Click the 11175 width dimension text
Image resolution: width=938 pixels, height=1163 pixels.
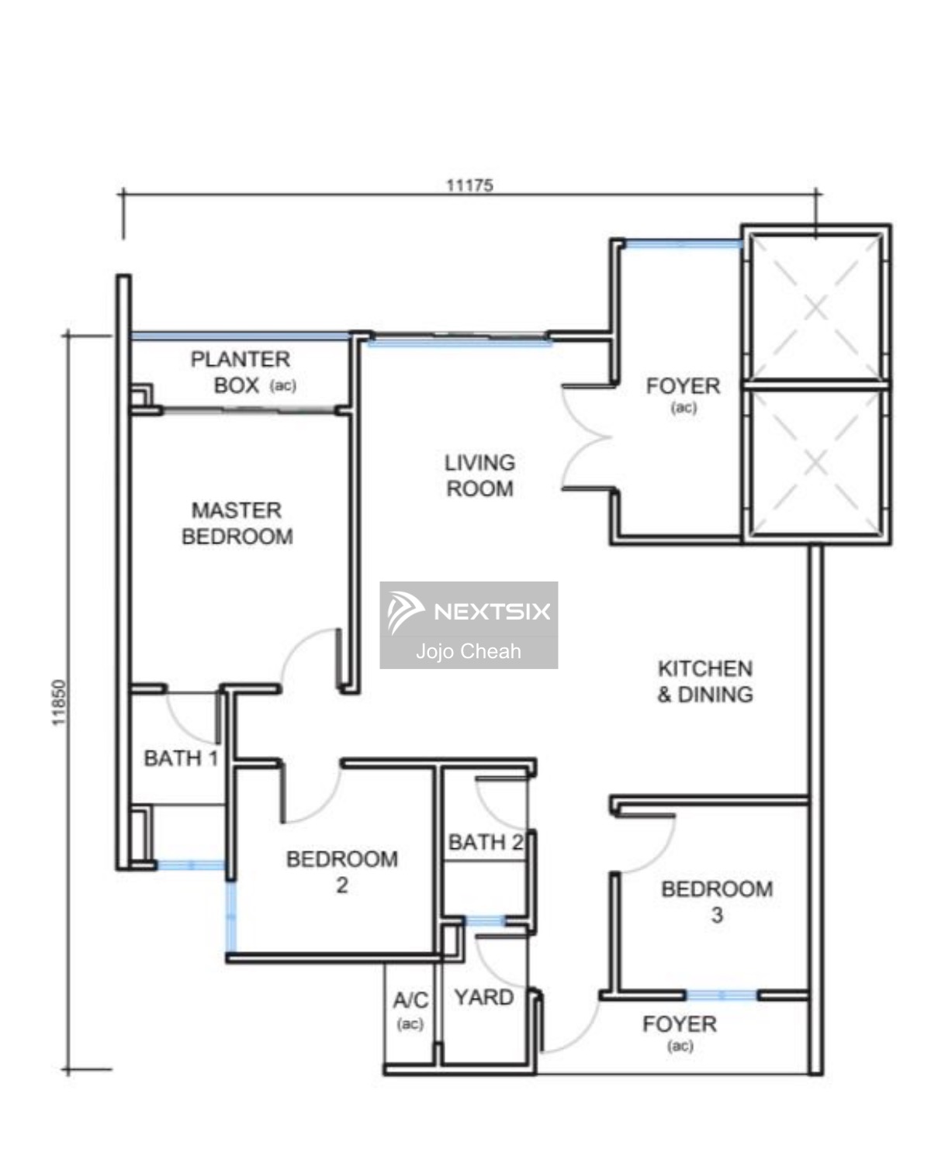469,185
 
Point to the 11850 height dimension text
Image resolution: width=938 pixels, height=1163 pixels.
59,702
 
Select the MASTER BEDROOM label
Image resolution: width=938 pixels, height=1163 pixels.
237,523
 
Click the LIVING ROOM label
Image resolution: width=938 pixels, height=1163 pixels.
479,475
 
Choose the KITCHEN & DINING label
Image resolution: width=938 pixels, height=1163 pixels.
704,682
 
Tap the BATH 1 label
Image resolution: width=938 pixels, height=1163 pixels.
181,758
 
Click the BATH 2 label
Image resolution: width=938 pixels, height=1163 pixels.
486,842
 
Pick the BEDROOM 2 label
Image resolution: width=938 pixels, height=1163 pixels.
342,871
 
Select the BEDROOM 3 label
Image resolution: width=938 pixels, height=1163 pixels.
718,902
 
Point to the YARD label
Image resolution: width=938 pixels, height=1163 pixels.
484,997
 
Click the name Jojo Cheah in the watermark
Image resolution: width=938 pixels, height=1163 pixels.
469,651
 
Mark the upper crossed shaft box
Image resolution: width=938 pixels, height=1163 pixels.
815,307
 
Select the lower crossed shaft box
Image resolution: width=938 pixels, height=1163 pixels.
815,463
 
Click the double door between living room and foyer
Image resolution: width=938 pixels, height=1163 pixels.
587,437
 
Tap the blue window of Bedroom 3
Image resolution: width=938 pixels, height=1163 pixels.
721,996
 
